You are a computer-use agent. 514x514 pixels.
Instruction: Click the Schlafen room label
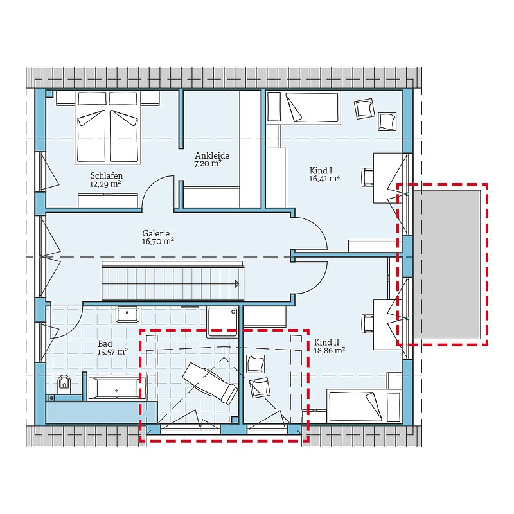107,175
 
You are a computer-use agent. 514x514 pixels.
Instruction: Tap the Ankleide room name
212,155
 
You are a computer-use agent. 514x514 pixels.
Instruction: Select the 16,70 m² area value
157,242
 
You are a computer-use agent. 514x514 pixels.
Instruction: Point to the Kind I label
321,170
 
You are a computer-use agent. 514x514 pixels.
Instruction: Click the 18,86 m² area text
330,350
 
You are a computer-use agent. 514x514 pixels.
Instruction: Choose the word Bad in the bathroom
105,344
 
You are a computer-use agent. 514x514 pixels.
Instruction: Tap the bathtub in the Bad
118,388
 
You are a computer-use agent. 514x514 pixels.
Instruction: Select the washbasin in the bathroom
127,314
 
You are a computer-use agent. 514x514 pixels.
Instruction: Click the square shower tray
222,323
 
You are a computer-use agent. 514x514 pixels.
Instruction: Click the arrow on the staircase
236,284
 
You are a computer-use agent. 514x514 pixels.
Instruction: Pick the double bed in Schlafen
108,127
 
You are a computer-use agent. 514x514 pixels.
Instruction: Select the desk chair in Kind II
368,324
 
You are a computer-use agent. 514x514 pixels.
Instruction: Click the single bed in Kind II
364,406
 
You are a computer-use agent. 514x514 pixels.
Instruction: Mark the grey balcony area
447,264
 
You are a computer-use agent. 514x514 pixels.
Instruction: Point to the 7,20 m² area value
208,163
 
